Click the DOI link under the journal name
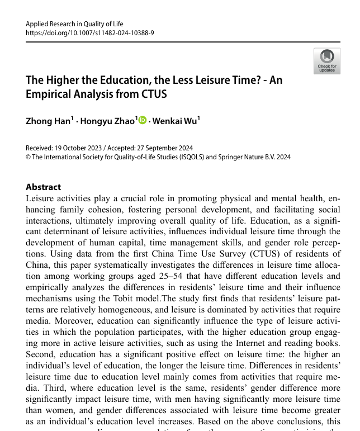(90, 33)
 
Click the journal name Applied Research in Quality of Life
(74, 24)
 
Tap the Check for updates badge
(327, 61)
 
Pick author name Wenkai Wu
(175, 121)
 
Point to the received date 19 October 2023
(78, 148)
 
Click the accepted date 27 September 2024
(165, 148)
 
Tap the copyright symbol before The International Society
(29, 157)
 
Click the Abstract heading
(44, 187)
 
